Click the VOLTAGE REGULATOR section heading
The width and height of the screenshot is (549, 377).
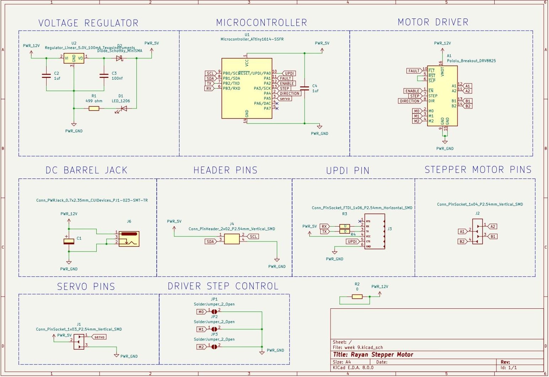88,23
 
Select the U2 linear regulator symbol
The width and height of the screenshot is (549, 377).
74,58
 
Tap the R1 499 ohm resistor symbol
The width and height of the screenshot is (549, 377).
94,108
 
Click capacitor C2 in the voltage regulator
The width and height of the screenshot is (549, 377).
46,75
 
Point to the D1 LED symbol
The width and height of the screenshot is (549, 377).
123,108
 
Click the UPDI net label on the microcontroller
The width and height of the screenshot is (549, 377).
289,74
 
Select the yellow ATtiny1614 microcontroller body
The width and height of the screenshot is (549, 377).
247,89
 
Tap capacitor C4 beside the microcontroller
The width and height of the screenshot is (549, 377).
305,88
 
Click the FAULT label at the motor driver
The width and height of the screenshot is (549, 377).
414,71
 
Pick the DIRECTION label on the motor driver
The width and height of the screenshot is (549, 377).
410,101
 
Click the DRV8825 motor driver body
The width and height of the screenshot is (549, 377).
442,96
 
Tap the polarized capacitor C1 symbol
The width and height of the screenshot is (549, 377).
69,241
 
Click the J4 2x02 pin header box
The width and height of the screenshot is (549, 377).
232,239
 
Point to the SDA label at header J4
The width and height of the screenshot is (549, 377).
210,241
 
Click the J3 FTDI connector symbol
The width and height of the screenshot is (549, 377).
375,231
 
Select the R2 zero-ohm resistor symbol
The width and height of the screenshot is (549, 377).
357,297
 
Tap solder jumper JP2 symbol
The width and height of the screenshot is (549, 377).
214,329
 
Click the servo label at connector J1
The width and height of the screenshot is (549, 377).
99,337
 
